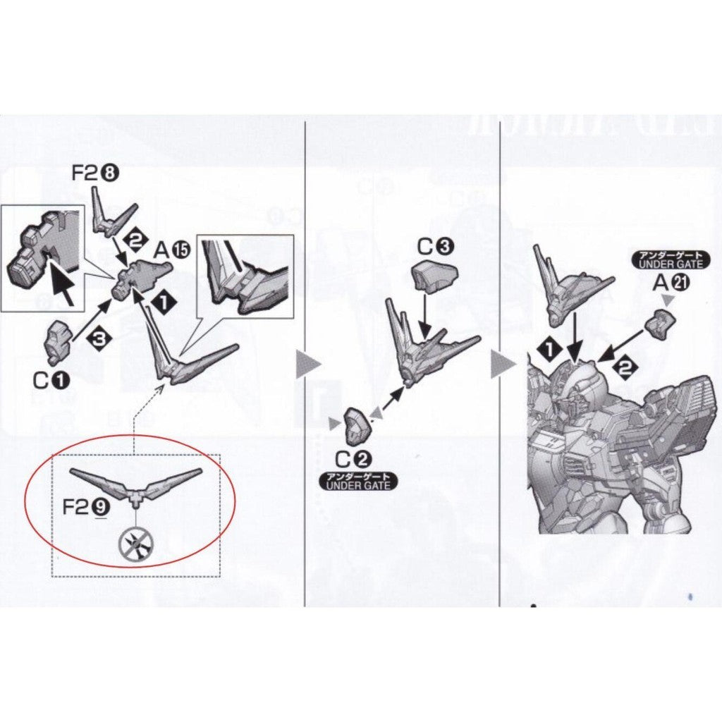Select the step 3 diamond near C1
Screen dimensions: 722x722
98,339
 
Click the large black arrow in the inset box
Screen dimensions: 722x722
63,281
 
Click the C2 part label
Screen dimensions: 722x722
353,460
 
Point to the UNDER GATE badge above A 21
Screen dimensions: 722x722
666,260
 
